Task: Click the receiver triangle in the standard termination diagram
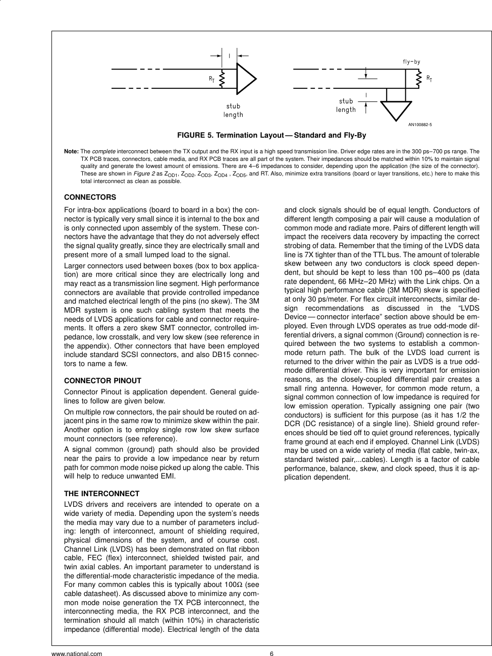[x=246, y=79]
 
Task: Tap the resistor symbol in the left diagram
[x=222, y=78]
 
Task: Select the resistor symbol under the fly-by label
[x=418, y=78]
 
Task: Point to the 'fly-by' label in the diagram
[x=411, y=62]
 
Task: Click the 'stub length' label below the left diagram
[x=233, y=110]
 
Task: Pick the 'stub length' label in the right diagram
[x=346, y=105]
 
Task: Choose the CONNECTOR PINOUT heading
[x=103, y=381]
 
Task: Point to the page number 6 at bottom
[x=271, y=653]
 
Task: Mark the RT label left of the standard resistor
[x=212, y=79]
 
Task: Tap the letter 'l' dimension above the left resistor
[x=230, y=55]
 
